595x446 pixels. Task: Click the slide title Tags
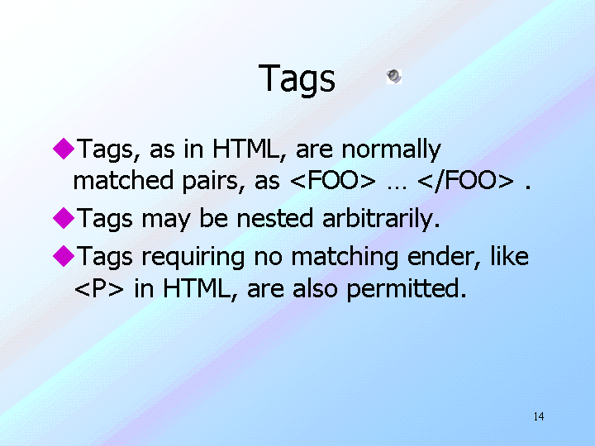(297, 78)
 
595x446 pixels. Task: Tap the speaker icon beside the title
(394, 77)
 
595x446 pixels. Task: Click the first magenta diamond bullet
(64, 149)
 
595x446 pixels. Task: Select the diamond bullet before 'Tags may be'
(64, 218)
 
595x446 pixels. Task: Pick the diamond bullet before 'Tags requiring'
(64, 255)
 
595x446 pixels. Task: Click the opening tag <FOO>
(333, 180)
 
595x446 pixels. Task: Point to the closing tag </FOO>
(465, 181)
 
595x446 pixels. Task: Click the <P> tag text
(99, 288)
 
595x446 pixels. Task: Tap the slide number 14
(539, 416)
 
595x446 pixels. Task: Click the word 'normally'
(391, 149)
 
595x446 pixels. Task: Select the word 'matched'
(123, 180)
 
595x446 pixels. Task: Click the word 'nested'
(274, 218)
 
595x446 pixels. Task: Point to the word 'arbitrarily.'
(381, 219)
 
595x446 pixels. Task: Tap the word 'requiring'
(193, 258)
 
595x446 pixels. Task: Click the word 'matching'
(345, 258)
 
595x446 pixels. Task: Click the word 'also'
(315, 288)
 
